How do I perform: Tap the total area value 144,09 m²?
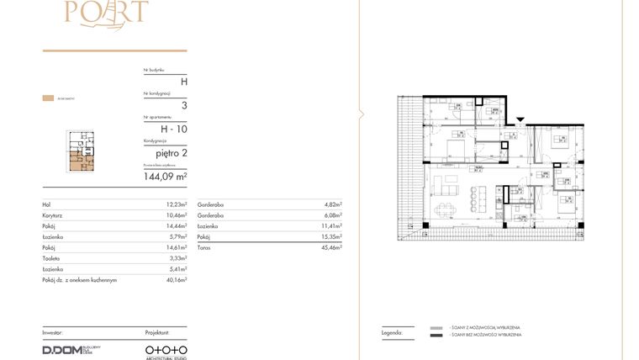pyautogui.click(x=166, y=177)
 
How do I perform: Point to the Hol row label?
pyautogui.click(x=46, y=204)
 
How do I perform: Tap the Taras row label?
pyautogui.click(x=203, y=247)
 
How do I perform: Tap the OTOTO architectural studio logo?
pyautogui.click(x=166, y=349)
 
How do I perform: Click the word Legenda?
pyautogui.click(x=392, y=333)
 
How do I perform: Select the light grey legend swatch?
pyautogui.click(x=436, y=327)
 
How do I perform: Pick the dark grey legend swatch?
pyautogui.click(x=436, y=336)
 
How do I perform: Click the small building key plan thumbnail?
pyautogui.click(x=82, y=151)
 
